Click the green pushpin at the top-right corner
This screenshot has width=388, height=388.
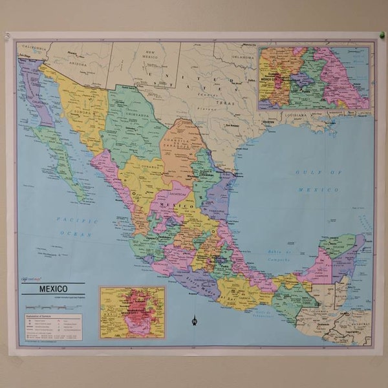[x=382, y=34]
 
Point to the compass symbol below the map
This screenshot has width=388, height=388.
[x=194, y=318]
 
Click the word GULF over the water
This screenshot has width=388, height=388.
[x=309, y=172]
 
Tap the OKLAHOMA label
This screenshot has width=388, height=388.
[x=244, y=56]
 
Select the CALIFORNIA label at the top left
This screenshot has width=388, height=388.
[x=34, y=47]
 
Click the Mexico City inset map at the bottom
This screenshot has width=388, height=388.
[x=132, y=312]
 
